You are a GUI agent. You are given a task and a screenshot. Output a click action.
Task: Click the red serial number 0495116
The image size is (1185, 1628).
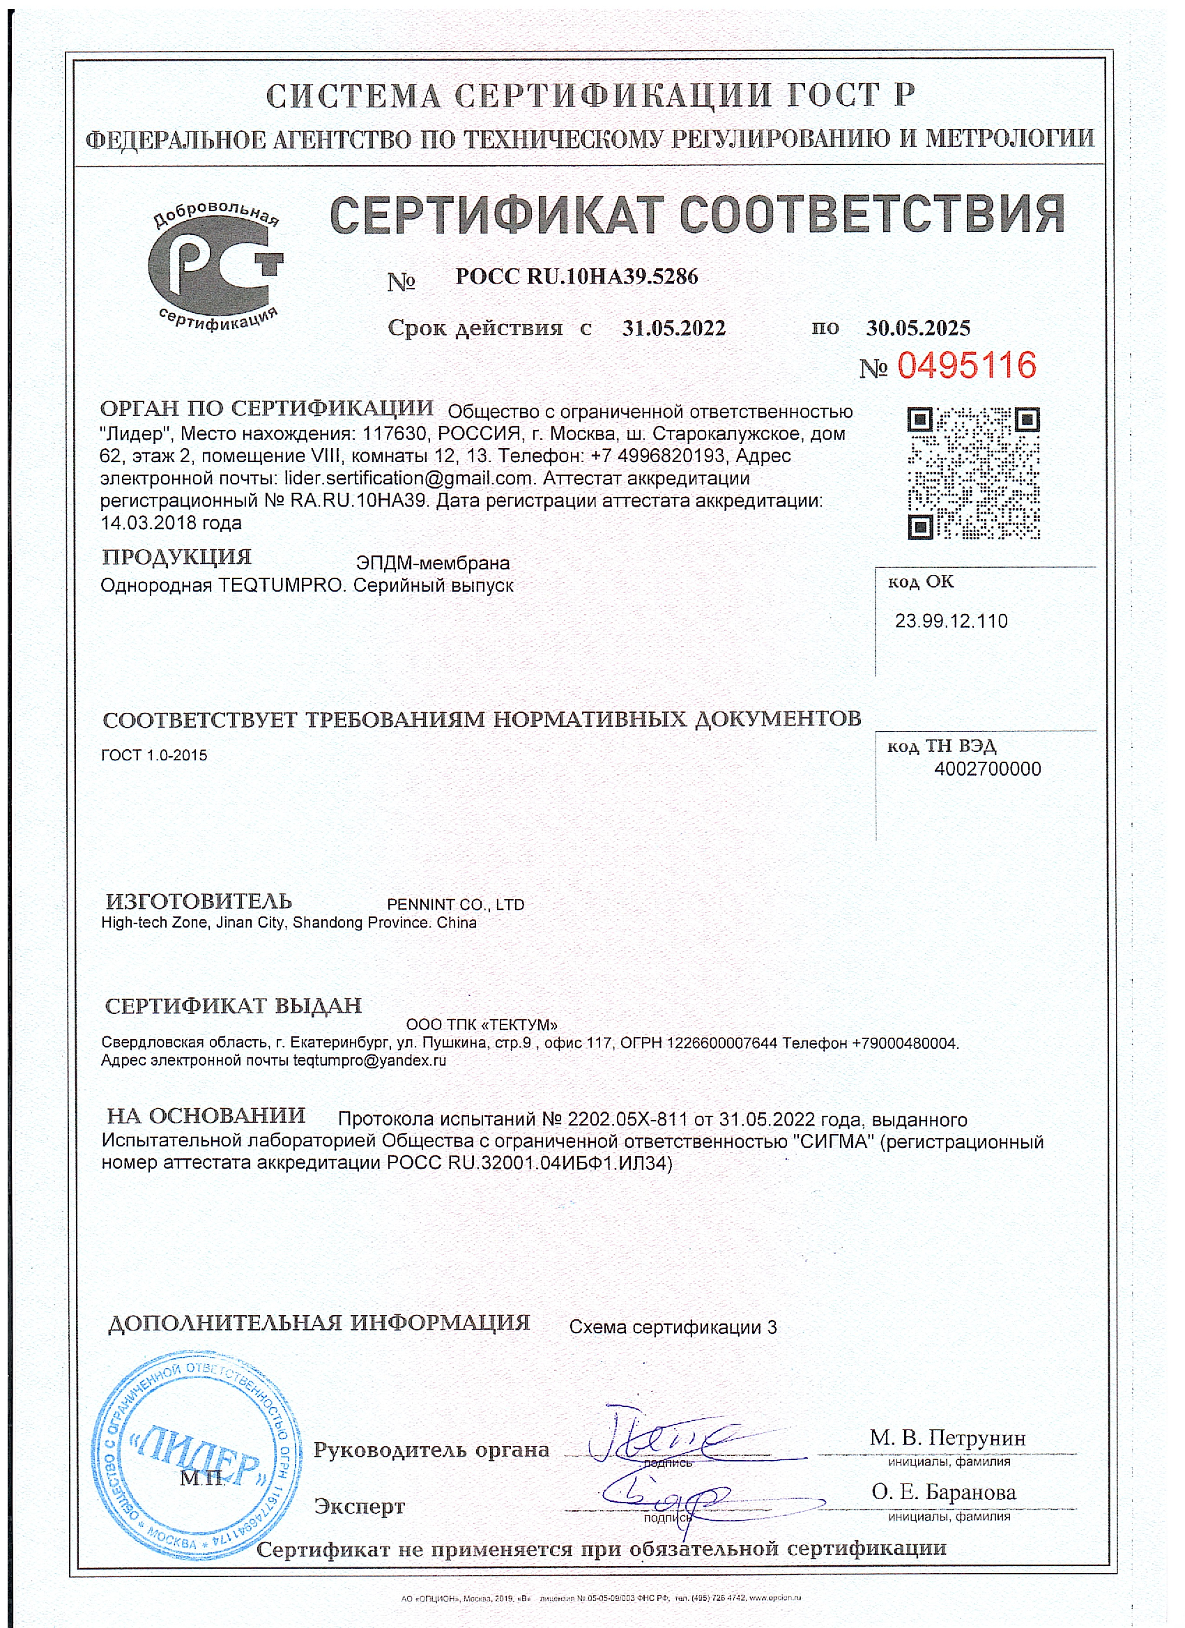pyautogui.click(x=966, y=366)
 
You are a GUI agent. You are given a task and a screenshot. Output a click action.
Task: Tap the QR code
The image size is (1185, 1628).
pyautogui.click(x=973, y=473)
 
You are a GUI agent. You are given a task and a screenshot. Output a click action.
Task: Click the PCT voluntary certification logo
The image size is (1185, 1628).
pyautogui.click(x=215, y=268)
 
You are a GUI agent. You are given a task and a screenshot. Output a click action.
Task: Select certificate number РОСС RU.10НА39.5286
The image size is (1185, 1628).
pyautogui.click(x=576, y=277)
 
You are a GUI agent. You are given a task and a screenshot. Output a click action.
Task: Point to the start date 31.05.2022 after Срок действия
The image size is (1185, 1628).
pyautogui.click(x=673, y=329)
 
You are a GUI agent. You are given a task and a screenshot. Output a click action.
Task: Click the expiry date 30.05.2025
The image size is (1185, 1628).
pyautogui.click(x=918, y=329)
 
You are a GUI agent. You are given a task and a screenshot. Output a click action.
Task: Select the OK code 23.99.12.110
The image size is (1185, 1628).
pyautogui.click(x=951, y=621)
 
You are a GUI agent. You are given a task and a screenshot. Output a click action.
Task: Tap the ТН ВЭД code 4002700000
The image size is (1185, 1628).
pyautogui.click(x=987, y=769)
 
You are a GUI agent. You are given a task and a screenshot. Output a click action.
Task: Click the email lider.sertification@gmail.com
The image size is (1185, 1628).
pyautogui.click(x=409, y=478)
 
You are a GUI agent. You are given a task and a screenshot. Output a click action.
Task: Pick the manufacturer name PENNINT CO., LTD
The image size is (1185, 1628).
pyautogui.click(x=455, y=905)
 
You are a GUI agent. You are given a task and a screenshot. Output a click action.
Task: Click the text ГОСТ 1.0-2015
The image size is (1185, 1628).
pyautogui.click(x=154, y=755)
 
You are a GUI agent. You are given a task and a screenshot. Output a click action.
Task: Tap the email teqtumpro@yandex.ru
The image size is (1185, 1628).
pyautogui.click(x=369, y=1060)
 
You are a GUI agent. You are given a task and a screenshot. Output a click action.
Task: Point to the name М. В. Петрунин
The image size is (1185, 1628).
pyautogui.click(x=947, y=1438)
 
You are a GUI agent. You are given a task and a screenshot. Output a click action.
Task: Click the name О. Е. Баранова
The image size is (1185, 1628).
pyautogui.click(x=944, y=1492)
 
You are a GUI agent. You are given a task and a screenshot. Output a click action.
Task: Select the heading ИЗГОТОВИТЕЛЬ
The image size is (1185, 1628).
pyautogui.click(x=199, y=902)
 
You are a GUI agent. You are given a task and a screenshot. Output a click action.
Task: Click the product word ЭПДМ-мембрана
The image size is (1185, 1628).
pyautogui.click(x=433, y=563)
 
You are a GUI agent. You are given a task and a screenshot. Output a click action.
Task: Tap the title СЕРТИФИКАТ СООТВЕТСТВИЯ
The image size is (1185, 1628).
pyautogui.click(x=697, y=215)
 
